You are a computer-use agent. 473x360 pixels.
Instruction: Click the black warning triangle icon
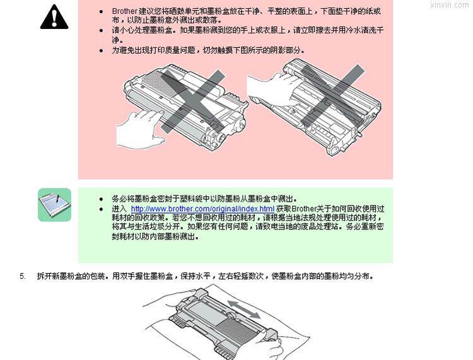point(54,17)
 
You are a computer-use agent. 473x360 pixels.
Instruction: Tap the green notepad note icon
point(55,205)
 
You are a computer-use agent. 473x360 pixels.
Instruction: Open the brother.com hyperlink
point(202,209)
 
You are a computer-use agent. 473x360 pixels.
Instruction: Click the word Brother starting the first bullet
point(125,11)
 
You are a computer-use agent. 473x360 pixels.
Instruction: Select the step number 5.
point(23,276)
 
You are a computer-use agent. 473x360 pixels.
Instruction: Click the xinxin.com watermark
point(449,5)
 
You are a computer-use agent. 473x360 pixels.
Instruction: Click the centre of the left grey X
point(193,102)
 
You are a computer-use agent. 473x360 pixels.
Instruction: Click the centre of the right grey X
point(332,96)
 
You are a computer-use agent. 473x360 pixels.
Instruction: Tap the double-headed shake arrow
point(243,309)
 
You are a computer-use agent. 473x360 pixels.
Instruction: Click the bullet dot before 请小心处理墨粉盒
point(102,30)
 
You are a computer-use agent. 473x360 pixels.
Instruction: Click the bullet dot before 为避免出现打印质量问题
point(102,50)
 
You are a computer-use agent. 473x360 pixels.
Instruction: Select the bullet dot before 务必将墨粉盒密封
point(102,199)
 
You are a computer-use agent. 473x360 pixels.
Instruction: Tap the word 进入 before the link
point(119,209)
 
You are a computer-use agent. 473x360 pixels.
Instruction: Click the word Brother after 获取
point(304,209)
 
